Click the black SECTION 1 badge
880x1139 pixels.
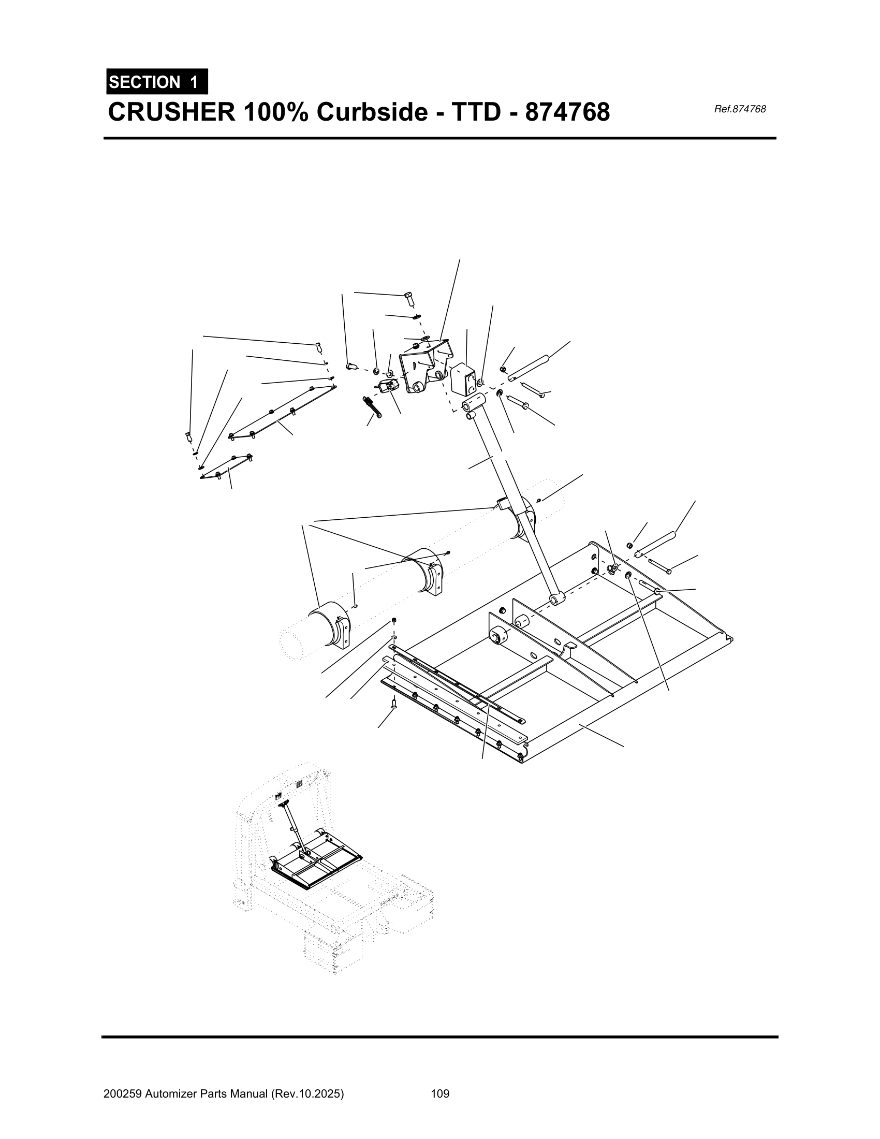point(157,82)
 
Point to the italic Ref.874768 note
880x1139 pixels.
point(739,109)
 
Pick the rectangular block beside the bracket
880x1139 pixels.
point(463,378)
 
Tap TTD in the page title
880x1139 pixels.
point(479,112)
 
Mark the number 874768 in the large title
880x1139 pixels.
point(567,112)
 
